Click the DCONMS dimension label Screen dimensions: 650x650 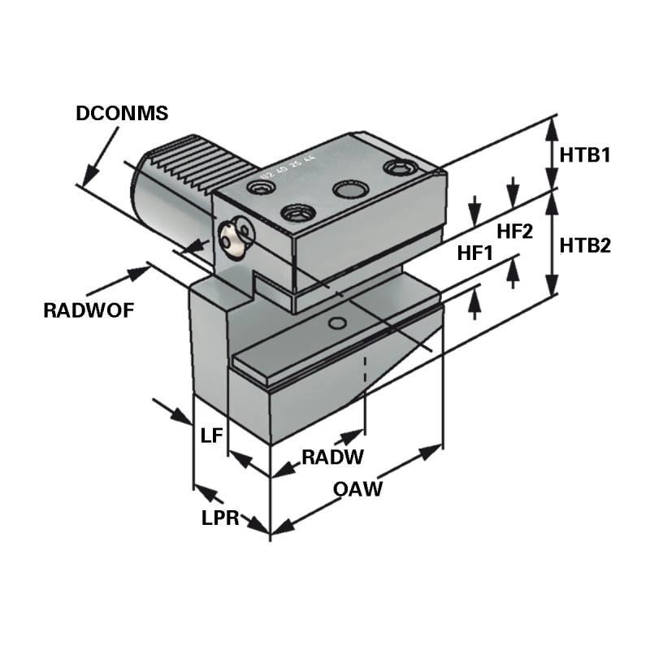(x=122, y=114)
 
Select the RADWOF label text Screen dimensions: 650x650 (x=89, y=310)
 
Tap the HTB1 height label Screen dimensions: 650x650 (x=584, y=154)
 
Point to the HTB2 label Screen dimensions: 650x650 (x=584, y=245)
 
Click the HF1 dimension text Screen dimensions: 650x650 (x=475, y=253)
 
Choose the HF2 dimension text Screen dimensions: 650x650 (x=514, y=232)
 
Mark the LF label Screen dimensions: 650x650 (x=211, y=435)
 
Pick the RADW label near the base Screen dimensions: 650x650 (x=332, y=457)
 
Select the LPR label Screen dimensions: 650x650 (x=220, y=518)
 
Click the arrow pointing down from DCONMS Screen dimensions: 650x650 (x=89, y=173)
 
